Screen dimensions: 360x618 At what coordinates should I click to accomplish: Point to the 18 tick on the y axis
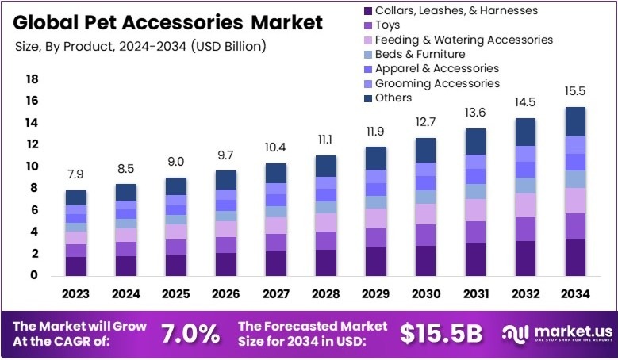click(32, 79)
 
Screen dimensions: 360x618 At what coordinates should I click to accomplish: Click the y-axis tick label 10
click(32, 167)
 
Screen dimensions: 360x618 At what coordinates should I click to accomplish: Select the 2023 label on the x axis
click(76, 294)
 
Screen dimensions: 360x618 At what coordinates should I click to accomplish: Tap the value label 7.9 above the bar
click(76, 174)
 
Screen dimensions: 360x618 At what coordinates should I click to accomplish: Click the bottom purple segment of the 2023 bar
click(76, 266)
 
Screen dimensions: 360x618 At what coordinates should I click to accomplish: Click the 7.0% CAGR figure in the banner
click(190, 334)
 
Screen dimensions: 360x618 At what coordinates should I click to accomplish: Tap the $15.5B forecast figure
click(440, 334)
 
